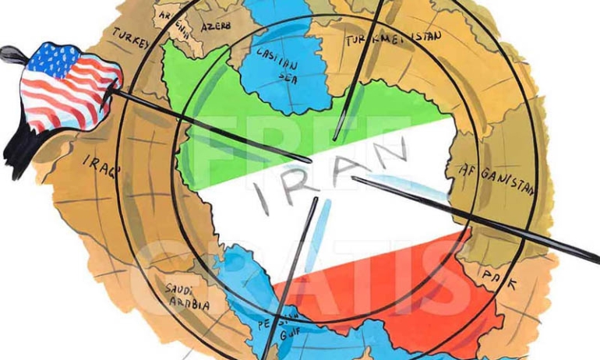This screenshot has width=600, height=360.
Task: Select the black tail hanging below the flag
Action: click(x=19, y=152)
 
